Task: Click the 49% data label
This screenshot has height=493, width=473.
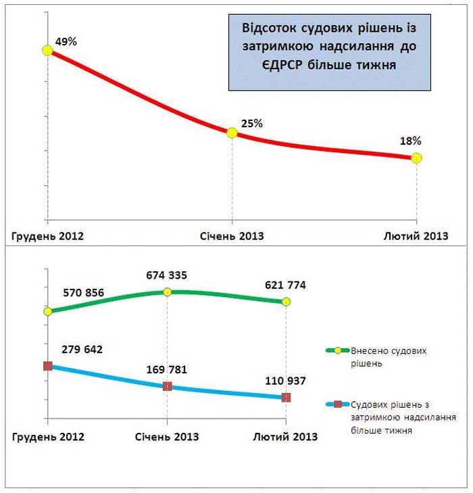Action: (x=66, y=42)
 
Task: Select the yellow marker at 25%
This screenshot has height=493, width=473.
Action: (x=232, y=133)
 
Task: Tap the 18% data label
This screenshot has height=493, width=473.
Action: (x=411, y=141)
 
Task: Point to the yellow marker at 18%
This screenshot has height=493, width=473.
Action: (x=416, y=158)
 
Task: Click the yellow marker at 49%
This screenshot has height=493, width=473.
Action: (x=47, y=50)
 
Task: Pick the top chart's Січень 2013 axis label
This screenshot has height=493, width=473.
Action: (x=232, y=236)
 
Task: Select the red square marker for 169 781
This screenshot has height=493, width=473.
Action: (x=167, y=386)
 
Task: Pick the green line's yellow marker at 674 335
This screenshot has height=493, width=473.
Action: (x=167, y=291)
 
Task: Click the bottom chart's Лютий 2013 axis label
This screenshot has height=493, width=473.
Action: (x=285, y=436)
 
